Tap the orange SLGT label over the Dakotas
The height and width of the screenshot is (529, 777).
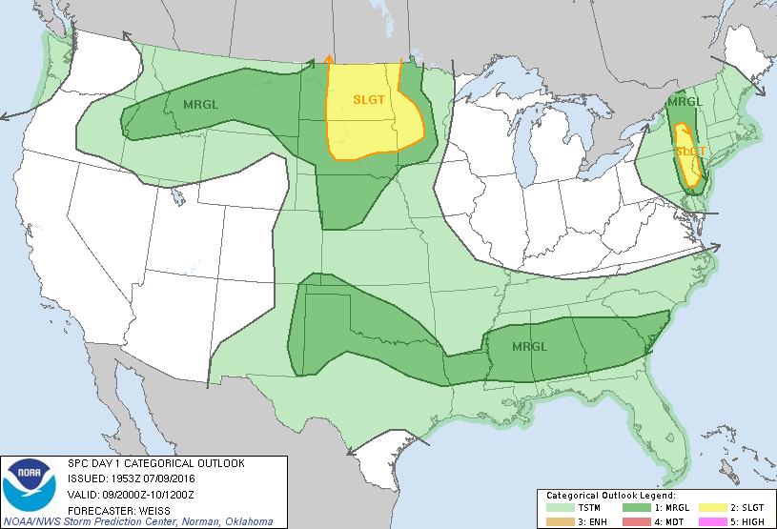tap(370, 98)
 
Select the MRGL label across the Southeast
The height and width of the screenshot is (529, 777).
tap(529, 346)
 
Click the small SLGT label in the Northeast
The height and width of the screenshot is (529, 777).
tap(689, 152)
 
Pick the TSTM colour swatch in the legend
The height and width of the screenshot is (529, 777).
tap(560, 507)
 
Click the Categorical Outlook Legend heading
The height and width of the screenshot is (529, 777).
tap(610, 496)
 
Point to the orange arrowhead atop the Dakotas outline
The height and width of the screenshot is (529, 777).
tap(329, 58)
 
